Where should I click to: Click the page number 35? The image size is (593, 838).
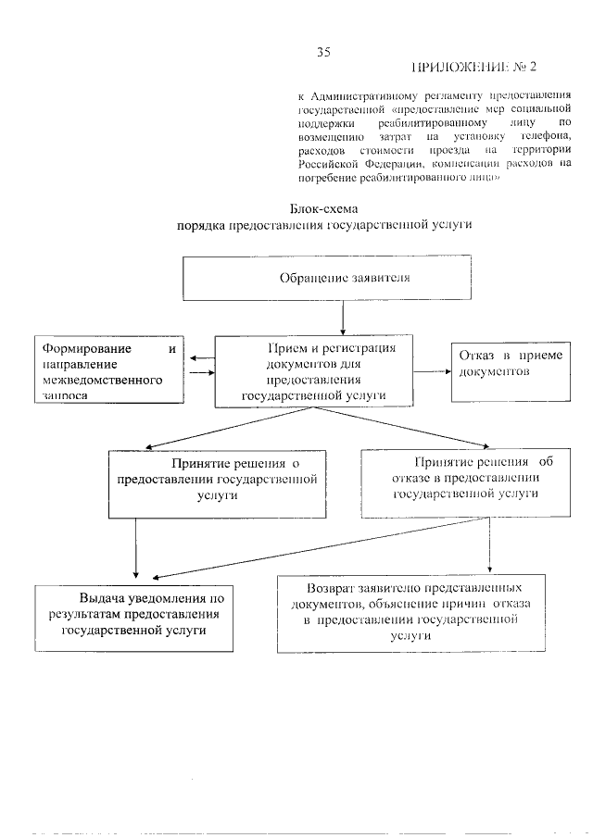pos(323,52)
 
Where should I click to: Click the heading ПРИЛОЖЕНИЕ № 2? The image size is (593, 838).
pos(473,68)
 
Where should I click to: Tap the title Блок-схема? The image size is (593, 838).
pos(323,208)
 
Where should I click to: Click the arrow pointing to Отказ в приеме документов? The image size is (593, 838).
pos(431,371)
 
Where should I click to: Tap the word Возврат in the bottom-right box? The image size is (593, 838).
pos(336,588)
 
